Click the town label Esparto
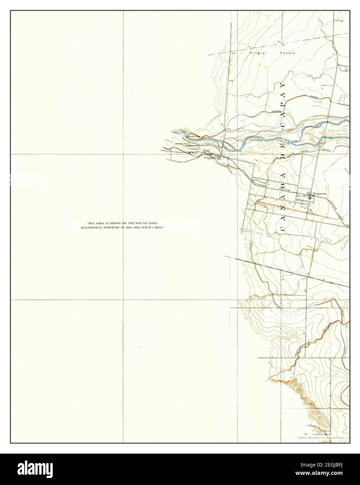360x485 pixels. tap(319, 193)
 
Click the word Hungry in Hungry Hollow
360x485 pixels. tap(257, 53)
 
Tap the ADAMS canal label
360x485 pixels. tap(277, 111)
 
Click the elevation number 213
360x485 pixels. tap(233, 53)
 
